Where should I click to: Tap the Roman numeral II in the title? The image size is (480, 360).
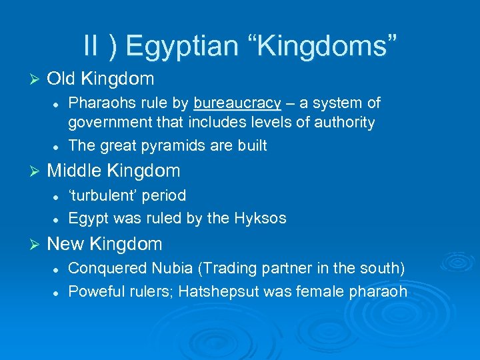pos(92,46)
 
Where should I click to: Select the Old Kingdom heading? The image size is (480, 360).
pos(101,79)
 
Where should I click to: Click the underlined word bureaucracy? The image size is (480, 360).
pos(237,103)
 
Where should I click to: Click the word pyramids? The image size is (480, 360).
pos(173,145)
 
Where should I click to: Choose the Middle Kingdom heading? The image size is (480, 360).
pos(113,171)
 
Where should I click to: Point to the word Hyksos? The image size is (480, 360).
pos(263,218)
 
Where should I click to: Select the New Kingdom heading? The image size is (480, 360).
pos(105,244)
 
